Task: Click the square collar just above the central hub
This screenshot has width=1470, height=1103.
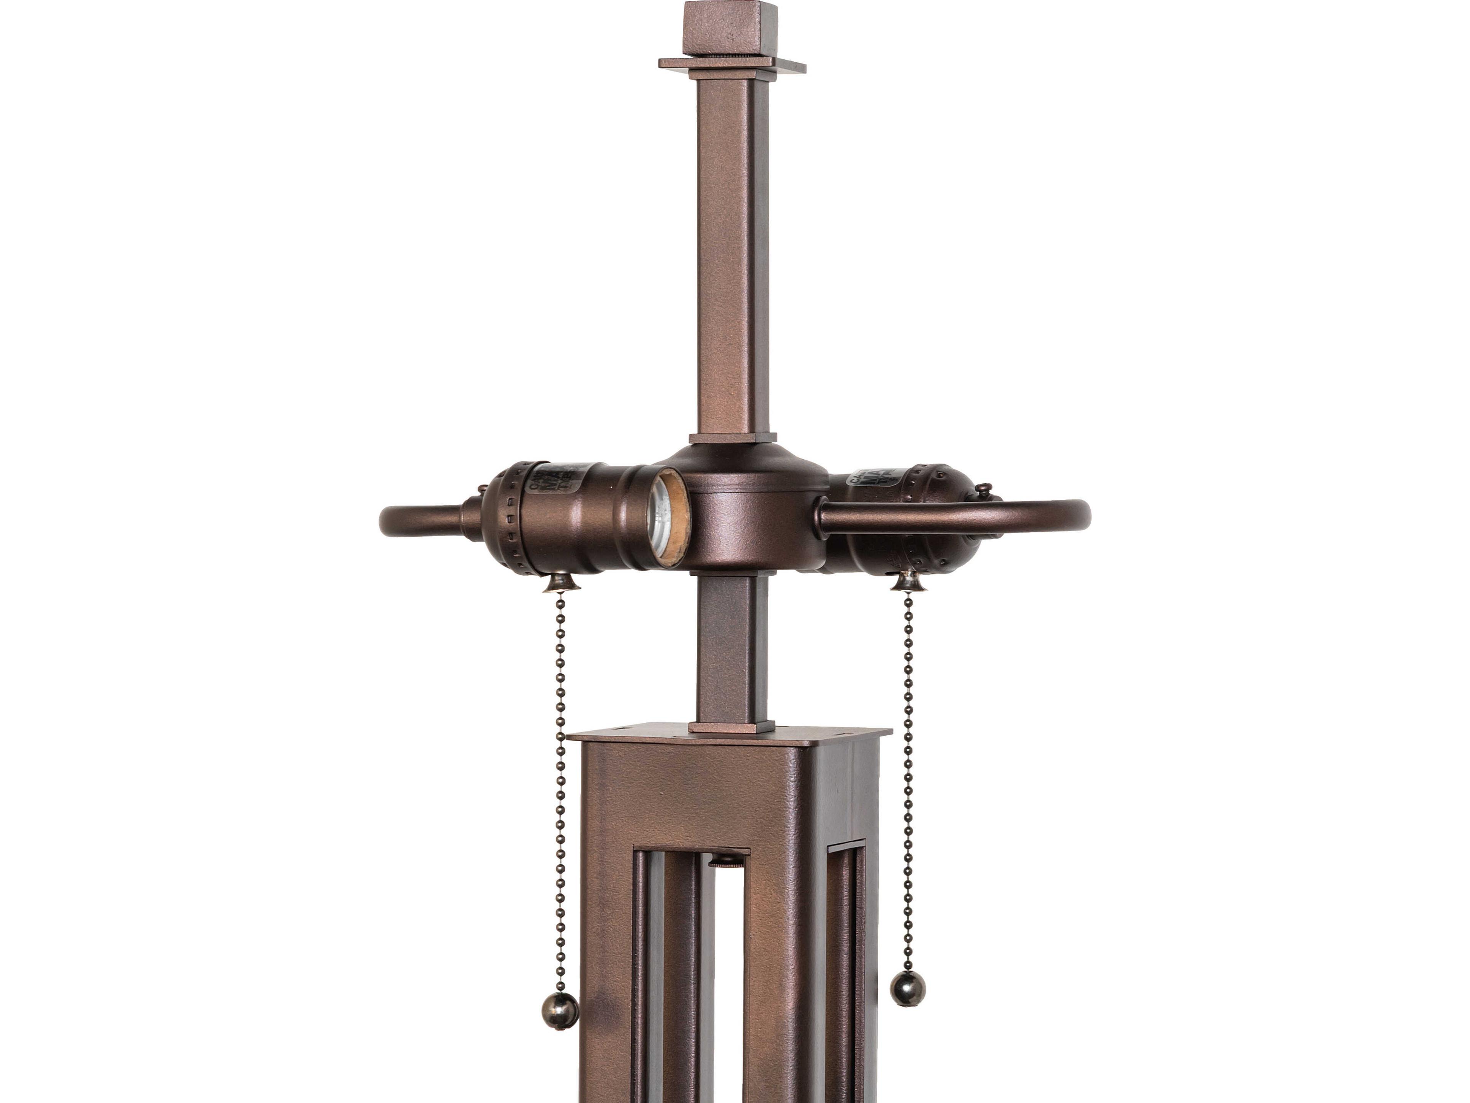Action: point(732,438)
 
